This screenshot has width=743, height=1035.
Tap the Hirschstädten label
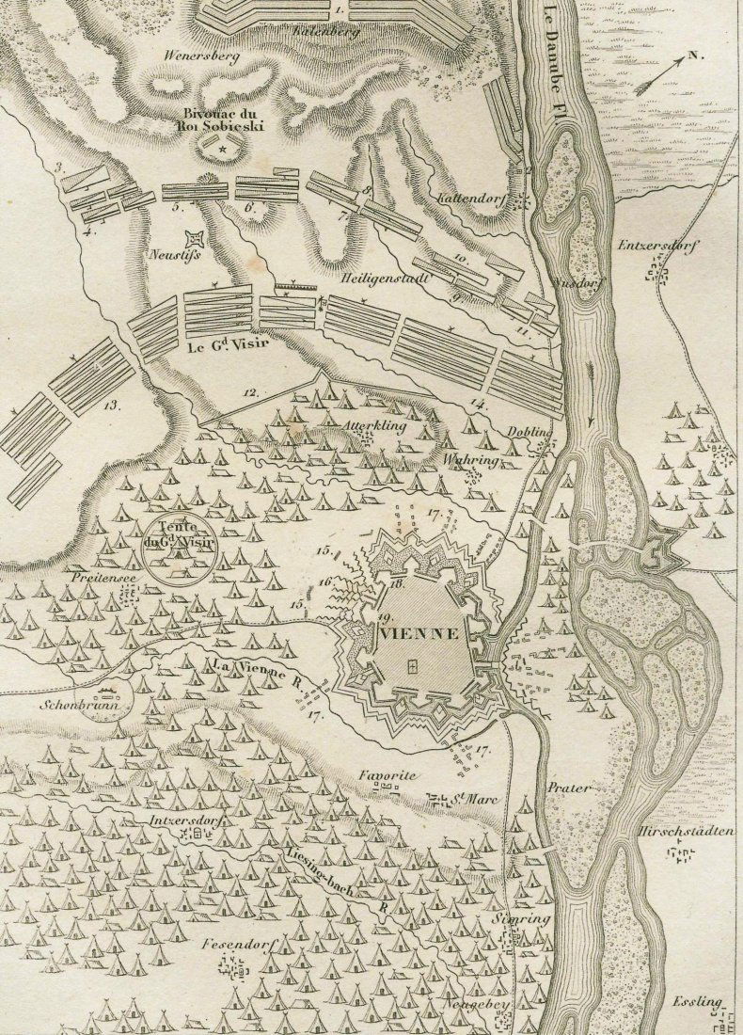(685, 833)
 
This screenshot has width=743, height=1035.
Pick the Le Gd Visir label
(224, 345)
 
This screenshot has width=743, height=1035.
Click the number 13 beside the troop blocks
(114, 406)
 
